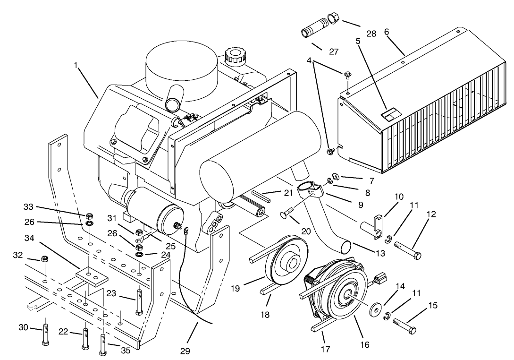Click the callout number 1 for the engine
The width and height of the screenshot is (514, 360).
(x=76, y=65)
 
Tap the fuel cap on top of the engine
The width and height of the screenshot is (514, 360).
(x=234, y=55)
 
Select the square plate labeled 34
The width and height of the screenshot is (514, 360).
(x=90, y=277)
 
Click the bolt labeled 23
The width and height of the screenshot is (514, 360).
(x=139, y=301)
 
